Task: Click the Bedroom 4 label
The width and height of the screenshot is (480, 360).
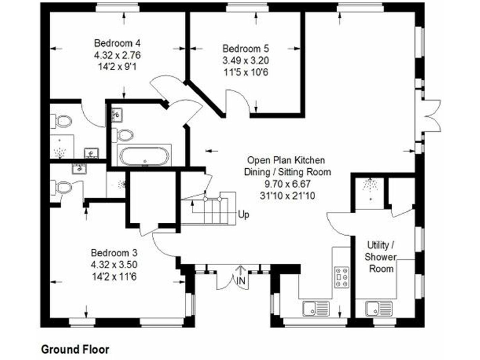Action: pos(117,43)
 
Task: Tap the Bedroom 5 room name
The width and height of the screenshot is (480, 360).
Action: pos(246,48)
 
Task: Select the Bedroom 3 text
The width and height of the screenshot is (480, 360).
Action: pos(114,252)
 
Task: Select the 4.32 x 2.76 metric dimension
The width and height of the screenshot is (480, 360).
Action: pos(117,54)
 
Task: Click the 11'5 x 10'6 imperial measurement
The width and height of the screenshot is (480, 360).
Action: pos(246,71)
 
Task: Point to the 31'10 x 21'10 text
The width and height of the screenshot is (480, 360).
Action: pos(287,195)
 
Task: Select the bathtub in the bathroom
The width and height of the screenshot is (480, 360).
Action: pos(144,156)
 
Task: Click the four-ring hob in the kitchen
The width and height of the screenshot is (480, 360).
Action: pos(342,276)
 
